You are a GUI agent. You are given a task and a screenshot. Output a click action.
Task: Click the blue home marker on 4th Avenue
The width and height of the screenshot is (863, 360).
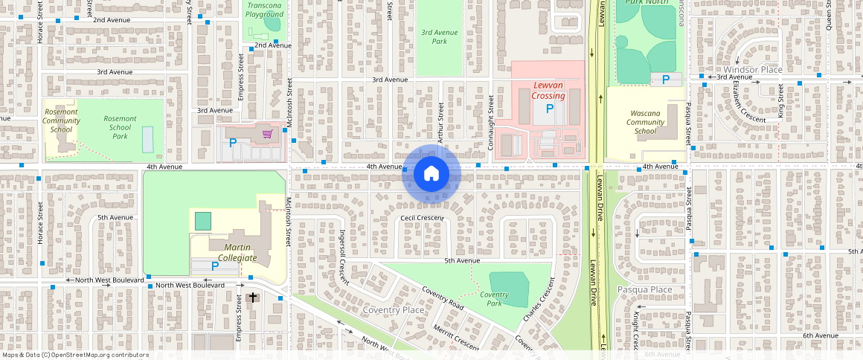431,173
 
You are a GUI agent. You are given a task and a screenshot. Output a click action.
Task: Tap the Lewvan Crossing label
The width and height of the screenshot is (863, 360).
548,90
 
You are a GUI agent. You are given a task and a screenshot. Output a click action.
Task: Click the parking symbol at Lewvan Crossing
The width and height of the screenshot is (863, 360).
550,109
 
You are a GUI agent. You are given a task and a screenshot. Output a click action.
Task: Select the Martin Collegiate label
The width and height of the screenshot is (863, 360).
233,251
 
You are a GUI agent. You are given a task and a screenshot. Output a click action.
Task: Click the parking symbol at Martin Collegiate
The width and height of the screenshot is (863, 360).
215,266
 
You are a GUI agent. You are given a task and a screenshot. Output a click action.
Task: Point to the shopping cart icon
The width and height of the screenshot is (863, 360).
267,134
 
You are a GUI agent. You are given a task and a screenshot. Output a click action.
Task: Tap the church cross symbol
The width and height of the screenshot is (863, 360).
253,298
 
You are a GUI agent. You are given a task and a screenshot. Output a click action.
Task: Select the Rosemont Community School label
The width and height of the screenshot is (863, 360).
61,120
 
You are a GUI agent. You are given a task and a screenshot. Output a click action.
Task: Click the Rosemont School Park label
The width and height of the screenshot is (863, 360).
120,127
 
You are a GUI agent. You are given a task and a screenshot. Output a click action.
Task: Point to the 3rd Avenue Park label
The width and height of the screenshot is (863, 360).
439,36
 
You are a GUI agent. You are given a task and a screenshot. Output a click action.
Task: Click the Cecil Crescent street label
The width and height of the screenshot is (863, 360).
422,218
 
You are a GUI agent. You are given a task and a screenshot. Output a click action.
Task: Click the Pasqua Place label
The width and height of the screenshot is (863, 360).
644,289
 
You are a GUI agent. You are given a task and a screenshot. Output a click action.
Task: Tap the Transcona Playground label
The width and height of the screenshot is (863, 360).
265,10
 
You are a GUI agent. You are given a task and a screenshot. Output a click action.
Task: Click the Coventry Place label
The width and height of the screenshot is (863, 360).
393,309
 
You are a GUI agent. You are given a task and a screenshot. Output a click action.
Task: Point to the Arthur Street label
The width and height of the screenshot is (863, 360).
440,117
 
